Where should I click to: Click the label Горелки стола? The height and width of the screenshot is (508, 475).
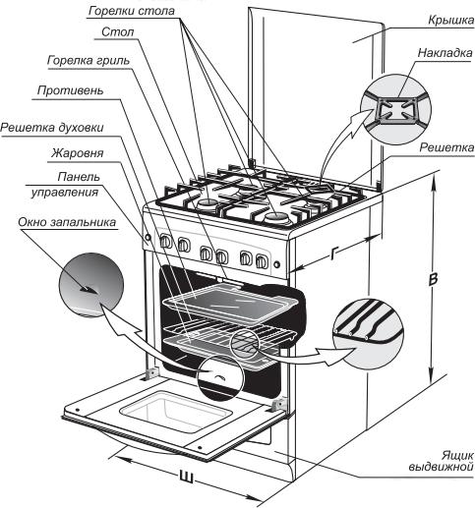(132, 11)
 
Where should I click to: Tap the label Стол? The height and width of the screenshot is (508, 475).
(118, 32)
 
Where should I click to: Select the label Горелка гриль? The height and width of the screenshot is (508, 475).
(89, 61)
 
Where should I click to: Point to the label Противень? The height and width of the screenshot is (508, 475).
(70, 90)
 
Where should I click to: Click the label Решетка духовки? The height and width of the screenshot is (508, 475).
(52, 128)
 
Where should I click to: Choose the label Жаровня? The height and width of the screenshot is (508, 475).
(77, 153)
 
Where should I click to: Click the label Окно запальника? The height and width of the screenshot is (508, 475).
(67, 222)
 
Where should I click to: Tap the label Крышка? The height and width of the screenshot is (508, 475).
(451, 21)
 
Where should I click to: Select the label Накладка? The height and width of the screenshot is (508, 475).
(445, 53)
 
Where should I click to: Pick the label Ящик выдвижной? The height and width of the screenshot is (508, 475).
(442, 461)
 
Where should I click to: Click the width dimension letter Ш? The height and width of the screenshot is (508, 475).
(186, 478)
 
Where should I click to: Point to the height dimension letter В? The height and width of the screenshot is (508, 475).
(433, 280)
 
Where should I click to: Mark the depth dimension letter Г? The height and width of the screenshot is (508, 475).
(333, 254)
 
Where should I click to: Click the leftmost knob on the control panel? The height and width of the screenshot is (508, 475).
(165, 242)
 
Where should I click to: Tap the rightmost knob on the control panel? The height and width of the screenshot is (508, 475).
(262, 261)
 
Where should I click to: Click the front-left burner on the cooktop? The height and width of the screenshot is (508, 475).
(208, 204)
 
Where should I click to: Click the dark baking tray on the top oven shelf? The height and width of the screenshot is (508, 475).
(229, 303)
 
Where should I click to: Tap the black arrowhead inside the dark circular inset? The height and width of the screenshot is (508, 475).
(89, 290)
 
